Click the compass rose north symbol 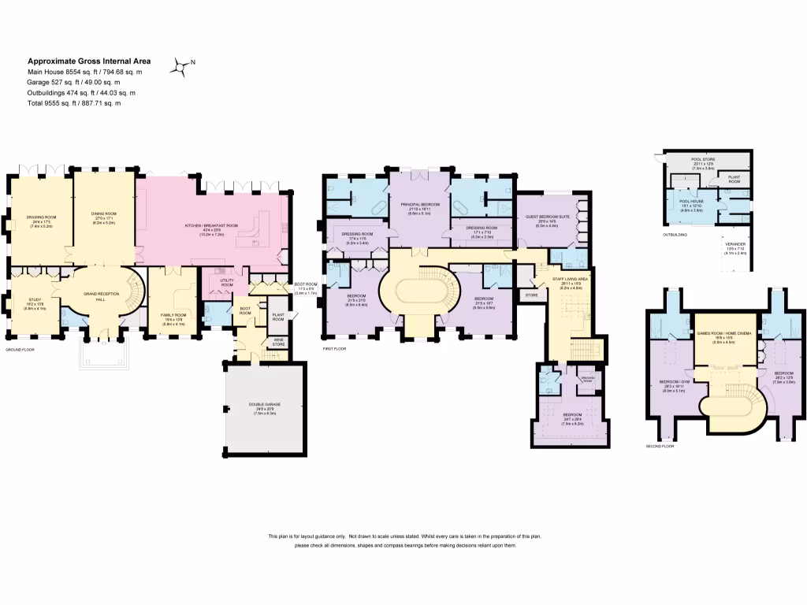(182, 68)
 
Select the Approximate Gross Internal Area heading (89, 61)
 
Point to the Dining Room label (104, 213)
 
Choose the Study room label (34, 299)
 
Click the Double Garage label (264, 404)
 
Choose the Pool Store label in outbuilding (702, 160)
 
